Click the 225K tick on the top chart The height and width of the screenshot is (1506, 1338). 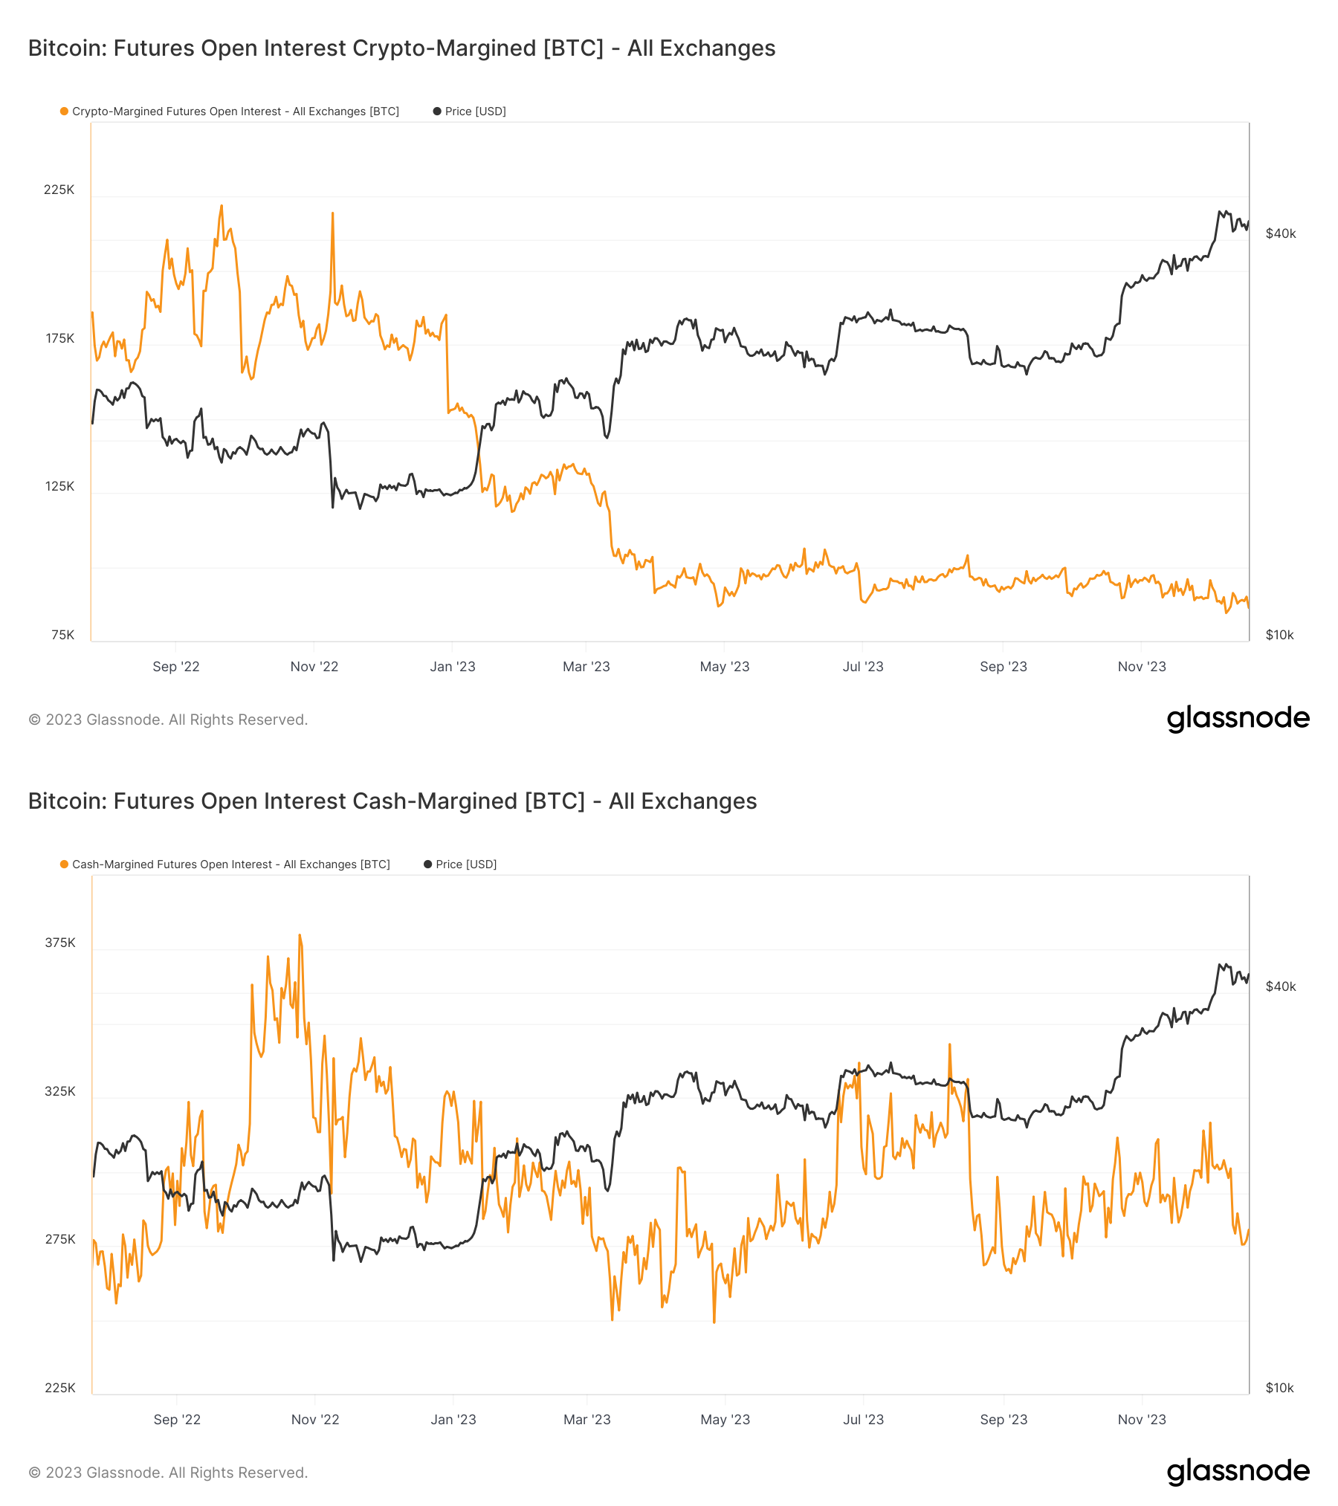(59, 190)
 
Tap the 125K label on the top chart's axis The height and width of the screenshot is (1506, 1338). (59, 486)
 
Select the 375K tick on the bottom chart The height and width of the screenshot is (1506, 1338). (60, 943)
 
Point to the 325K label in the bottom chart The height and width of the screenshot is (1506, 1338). (60, 1091)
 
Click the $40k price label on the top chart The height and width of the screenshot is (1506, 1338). (1280, 233)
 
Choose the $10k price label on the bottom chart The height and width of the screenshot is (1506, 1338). (1279, 1388)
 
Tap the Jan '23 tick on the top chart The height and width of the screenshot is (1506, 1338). (452, 667)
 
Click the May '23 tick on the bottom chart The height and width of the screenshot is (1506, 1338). (725, 1420)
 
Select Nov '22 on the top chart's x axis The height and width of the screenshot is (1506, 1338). (314, 667)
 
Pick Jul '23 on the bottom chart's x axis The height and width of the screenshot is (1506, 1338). (863, 1420)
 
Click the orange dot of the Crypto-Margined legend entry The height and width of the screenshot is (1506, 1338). (65, 112)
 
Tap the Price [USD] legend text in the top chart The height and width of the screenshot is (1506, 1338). (475, 112)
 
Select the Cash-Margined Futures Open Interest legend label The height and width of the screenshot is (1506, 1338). (230, 865)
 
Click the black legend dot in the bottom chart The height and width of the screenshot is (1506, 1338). (427, 865)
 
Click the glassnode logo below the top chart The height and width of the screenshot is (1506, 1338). (1238, 718)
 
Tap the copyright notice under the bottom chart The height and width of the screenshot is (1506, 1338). (168, 1473)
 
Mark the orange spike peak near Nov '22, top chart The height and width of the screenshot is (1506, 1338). (332, 213)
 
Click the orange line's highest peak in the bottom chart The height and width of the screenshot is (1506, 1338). (300, 935)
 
